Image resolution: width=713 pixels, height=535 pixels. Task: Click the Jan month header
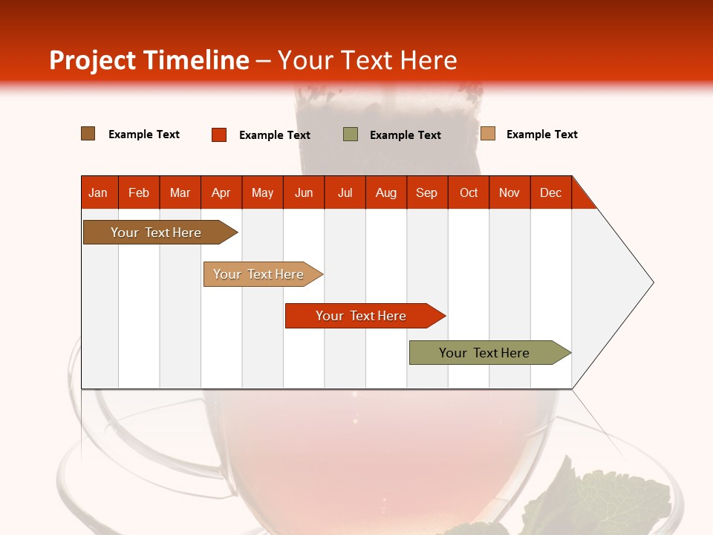99,192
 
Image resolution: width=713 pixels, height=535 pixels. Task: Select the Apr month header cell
221,192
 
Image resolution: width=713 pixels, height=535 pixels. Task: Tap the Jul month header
345,192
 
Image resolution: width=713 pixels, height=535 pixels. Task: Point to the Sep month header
427,192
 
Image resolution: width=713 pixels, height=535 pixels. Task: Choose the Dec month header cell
550,192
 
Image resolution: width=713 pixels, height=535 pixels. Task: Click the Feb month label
139,192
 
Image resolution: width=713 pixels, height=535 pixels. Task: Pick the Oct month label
469,192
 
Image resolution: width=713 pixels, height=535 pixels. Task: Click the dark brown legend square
88,134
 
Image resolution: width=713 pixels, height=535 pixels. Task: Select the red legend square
218,134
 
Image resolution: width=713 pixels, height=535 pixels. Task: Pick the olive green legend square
350,134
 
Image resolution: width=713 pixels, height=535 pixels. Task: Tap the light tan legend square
487,134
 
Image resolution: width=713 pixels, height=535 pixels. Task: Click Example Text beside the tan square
541,134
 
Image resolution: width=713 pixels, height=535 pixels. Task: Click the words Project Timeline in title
149,60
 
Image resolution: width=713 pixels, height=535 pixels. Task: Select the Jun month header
304,192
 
